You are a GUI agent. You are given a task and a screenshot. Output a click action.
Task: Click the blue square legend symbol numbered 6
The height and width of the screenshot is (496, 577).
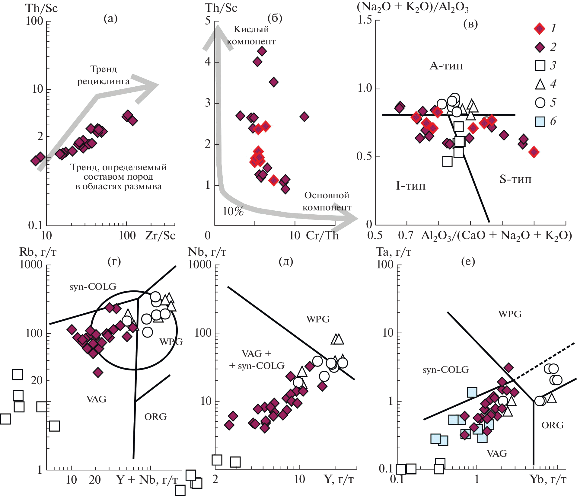[540, 121]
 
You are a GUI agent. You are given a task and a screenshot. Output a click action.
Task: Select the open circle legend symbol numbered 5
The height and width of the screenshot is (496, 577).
[540, 103]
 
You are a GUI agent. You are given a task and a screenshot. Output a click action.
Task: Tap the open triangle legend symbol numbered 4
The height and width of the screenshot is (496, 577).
[540, 84]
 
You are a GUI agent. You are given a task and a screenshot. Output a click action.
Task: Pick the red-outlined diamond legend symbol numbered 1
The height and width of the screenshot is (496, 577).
[540, 29]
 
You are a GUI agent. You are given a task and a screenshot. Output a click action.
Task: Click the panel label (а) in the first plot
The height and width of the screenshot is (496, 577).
[110, 19]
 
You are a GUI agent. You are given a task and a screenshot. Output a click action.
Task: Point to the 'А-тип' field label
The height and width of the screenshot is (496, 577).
[446, 66]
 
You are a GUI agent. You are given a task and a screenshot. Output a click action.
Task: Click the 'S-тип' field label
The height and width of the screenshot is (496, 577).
[515, 179]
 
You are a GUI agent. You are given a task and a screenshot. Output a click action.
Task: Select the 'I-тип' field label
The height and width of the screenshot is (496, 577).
[411, 186]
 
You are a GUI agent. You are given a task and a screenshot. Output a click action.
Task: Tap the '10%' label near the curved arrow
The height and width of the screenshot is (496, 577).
[233, 212]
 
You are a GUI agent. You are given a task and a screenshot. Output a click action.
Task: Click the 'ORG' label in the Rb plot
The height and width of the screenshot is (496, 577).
[155, 417]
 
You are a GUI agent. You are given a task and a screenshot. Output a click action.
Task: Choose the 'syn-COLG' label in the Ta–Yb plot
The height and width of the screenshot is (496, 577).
[446, 370]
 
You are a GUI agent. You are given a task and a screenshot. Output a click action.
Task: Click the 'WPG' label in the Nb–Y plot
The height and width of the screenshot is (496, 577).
[318, 319]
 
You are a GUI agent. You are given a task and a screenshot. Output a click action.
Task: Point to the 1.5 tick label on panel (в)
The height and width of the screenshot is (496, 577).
[365, 20]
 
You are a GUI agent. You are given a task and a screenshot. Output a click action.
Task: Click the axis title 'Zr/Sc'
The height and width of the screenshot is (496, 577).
[160, 235]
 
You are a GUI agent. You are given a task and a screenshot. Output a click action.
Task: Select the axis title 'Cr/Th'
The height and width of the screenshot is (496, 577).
[322, 235]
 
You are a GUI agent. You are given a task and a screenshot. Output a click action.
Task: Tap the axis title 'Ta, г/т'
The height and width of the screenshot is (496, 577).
[394, 252]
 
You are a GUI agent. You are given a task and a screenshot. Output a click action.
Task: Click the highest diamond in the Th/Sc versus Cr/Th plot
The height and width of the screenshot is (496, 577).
[262, 51]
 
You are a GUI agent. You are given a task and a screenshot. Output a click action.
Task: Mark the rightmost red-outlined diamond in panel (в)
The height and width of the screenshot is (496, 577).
[534, 152]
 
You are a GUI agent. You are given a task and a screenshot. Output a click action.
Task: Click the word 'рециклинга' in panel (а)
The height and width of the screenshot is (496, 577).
[104, 81]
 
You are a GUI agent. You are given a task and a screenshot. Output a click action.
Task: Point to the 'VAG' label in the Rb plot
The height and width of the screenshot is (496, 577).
[96, 399]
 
